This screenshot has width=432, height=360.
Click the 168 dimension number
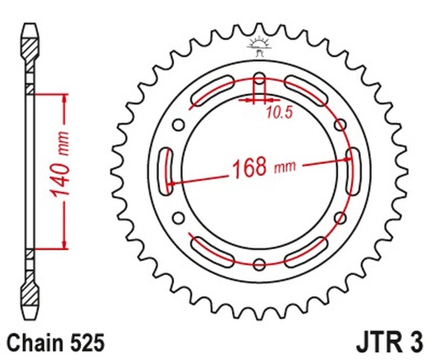click(249, 167)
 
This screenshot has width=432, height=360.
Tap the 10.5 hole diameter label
click(279, 113)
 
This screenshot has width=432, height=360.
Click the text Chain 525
click(55, 342)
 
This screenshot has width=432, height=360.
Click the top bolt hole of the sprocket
click(259, 78)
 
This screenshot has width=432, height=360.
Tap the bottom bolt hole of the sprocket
click(259, 264)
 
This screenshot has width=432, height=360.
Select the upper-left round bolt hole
click(179, 125)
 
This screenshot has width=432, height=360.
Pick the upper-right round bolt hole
click(340, 125)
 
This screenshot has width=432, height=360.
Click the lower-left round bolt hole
click(179, 218)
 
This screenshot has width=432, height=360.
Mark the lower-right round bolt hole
click(340, 218)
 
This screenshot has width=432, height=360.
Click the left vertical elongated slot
click(166, 171)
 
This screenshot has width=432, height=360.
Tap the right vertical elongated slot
click(353, 171)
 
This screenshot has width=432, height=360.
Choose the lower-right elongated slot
click(306, 252)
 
